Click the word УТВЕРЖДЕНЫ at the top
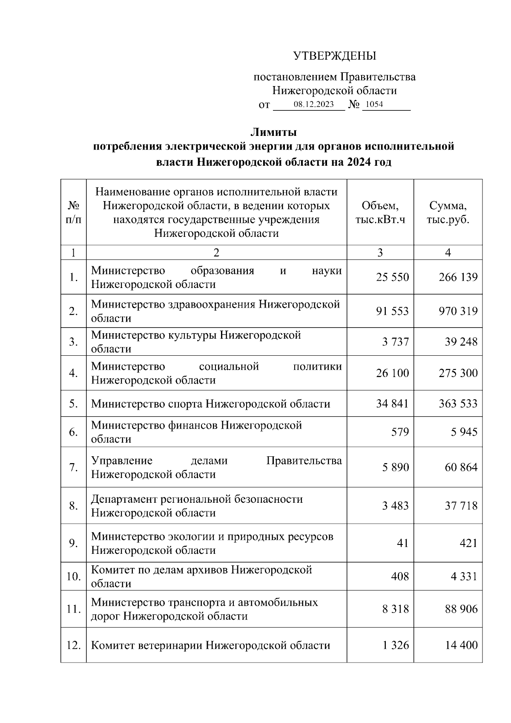334,56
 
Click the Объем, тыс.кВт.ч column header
380,213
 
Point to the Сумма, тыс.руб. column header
448,213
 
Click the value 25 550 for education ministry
392,277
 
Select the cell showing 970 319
458,311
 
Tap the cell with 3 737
395,342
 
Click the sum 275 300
458,373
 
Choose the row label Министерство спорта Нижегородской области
210,404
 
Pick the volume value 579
400,432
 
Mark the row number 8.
73,506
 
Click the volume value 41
402,543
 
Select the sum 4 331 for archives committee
464,577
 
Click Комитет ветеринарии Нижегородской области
210,645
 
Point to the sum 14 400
461,645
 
